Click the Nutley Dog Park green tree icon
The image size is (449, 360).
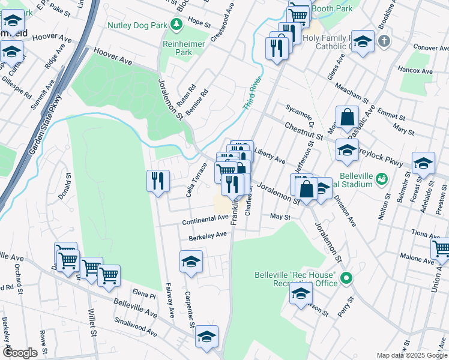coord(176,25)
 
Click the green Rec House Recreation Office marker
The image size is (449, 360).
coord(346,278)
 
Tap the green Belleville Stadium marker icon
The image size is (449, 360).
coord(381,178)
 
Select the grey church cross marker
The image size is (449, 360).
coord(384,41)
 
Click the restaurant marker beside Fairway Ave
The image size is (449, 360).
coord(158,181)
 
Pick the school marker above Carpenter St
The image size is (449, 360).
coord(191,262)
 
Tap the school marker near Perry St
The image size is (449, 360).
coord(301,293)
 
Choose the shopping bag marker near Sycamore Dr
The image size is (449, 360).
coord(347,118)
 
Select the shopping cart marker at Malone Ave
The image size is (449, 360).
coord(441,248)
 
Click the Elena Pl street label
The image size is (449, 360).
coord(144,295)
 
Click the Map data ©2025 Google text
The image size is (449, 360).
coord(411,355)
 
